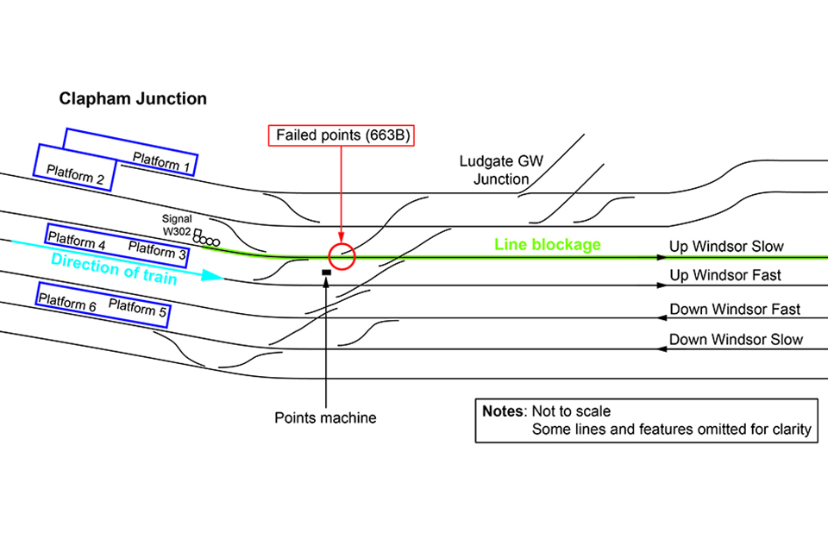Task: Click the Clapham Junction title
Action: tap(133, 99)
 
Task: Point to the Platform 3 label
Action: tap(157, 251)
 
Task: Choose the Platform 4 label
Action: tap(77, 240)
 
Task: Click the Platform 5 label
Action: tap(138, 308)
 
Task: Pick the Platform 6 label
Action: tap(66, 300)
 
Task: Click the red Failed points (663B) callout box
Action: tap(342, 135)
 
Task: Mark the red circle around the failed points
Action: tap(342, 256)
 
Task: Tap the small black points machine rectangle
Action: tap(326, 273)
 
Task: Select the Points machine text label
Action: tap(325, 418)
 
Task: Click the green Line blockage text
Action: tap(547, 245)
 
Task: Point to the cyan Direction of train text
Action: tap(114, 268)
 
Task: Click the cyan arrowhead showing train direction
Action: tap(216, 278)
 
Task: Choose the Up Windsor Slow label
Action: tap(726, 248)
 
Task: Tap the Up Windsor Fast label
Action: tap(725, 275)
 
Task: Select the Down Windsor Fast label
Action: tap(735, 310)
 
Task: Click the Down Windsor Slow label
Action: tap(736, 340)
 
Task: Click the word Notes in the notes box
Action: tap(504, 411)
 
